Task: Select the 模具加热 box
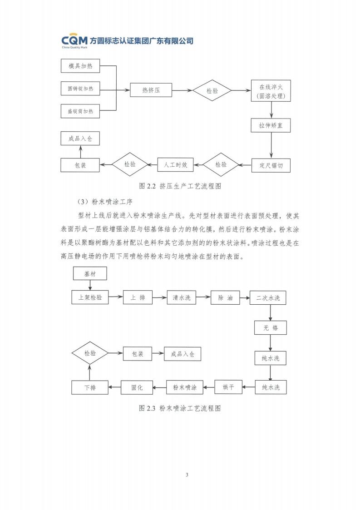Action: click(x=80, y=67)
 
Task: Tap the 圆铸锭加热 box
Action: click(x=80, y=89)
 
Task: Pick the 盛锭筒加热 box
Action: click(x=80, y=111)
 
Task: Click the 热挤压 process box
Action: click(x=151, y=90)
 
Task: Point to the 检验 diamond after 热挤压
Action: click(x=212, y=90)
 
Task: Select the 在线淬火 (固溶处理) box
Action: click(x=271, y=91)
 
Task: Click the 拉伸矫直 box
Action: click(x=271, y=125)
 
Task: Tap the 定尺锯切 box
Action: click(x=271, y=165)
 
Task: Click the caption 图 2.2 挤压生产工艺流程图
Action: click(x=179, y=186)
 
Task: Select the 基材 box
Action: click(x=90, y=274)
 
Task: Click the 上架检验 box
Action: click(x=90, y=297)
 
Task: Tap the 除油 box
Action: click(x=225, y=297)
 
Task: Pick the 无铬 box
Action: click(x=270, y=327)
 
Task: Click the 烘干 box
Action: click(x=228, y=387)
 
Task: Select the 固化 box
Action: click(x=137, y=387)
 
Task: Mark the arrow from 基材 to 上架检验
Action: click(x=90, y=285)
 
